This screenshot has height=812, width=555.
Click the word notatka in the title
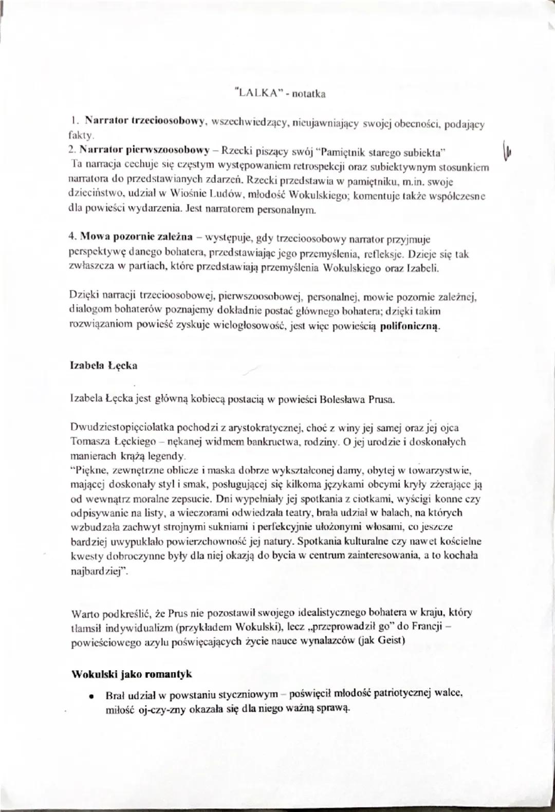click(x=308, y=94)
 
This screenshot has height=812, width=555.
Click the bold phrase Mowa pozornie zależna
click(x=136, y=237)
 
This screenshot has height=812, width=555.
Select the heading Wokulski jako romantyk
click(x=132, y=674)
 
